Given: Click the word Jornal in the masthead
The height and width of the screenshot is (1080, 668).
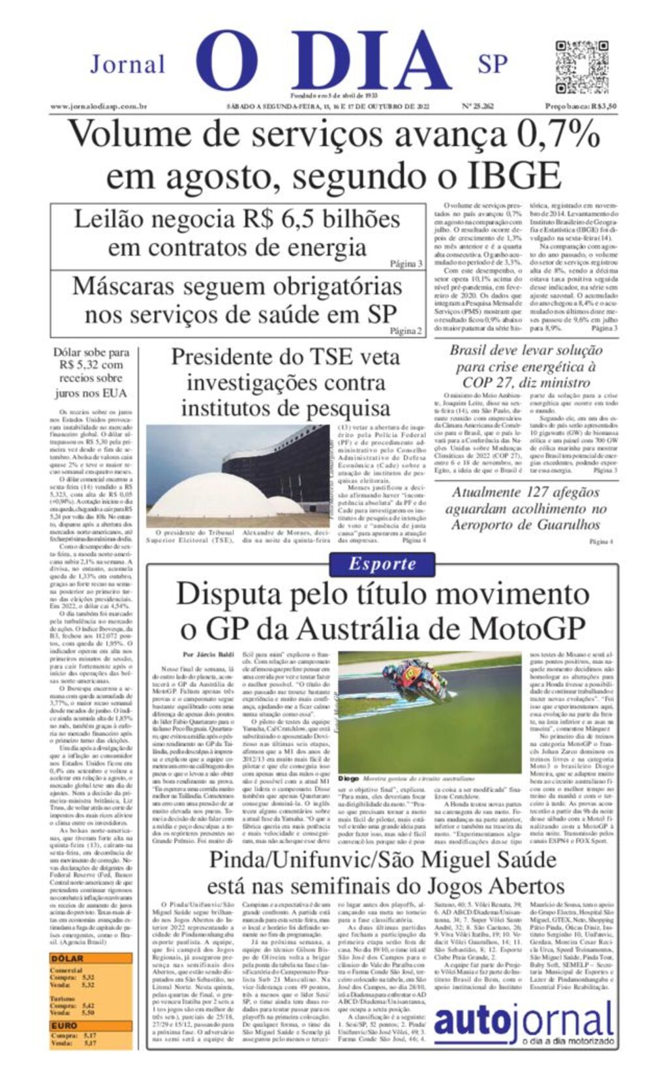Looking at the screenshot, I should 128,65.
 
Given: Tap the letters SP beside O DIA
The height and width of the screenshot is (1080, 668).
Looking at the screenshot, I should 493,64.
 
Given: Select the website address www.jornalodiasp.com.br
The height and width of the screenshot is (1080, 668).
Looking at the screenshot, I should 99,106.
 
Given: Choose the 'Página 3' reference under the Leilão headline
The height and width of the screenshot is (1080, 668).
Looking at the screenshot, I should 406,263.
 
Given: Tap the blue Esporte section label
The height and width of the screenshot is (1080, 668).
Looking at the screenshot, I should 382,564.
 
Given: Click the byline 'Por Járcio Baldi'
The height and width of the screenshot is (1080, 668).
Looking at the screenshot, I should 207,654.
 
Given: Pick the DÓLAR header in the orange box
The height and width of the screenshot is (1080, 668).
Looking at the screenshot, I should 67,958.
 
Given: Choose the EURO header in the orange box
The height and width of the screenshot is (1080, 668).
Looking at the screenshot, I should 65,1026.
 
